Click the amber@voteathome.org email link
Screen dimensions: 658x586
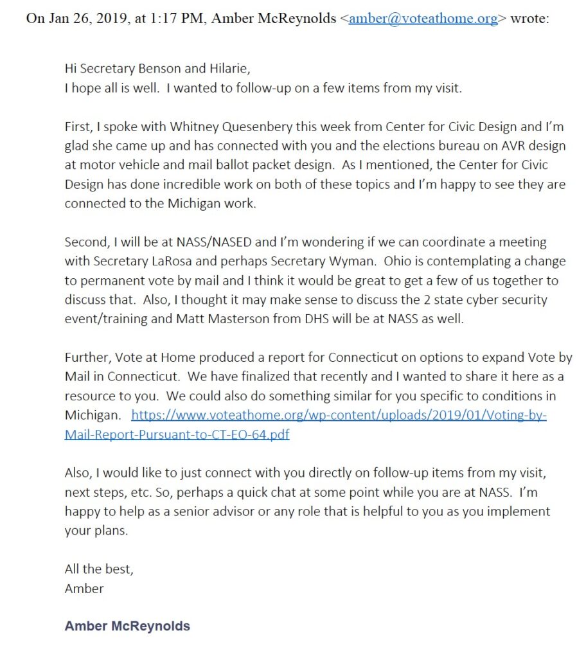[423, 18]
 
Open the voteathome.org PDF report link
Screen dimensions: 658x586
[339, 416]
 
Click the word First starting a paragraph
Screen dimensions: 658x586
[80, 127]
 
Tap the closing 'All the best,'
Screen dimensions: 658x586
[99, 569]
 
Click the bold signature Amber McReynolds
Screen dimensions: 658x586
[127, 626]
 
